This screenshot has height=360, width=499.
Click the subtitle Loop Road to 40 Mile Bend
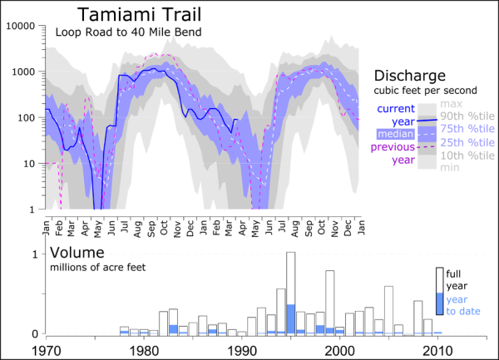click(x=129, y=33)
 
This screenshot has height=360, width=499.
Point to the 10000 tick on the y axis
click(x=19, y=26)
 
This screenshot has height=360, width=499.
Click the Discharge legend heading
click(x=410, y=75)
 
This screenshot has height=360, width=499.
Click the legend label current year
click(x=396, y=115)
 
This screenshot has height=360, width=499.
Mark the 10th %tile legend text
click(x=463, y=155)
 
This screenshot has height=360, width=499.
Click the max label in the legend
click(x=451, y=103)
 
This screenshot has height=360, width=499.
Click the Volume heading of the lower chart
click(x=77, y=252)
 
